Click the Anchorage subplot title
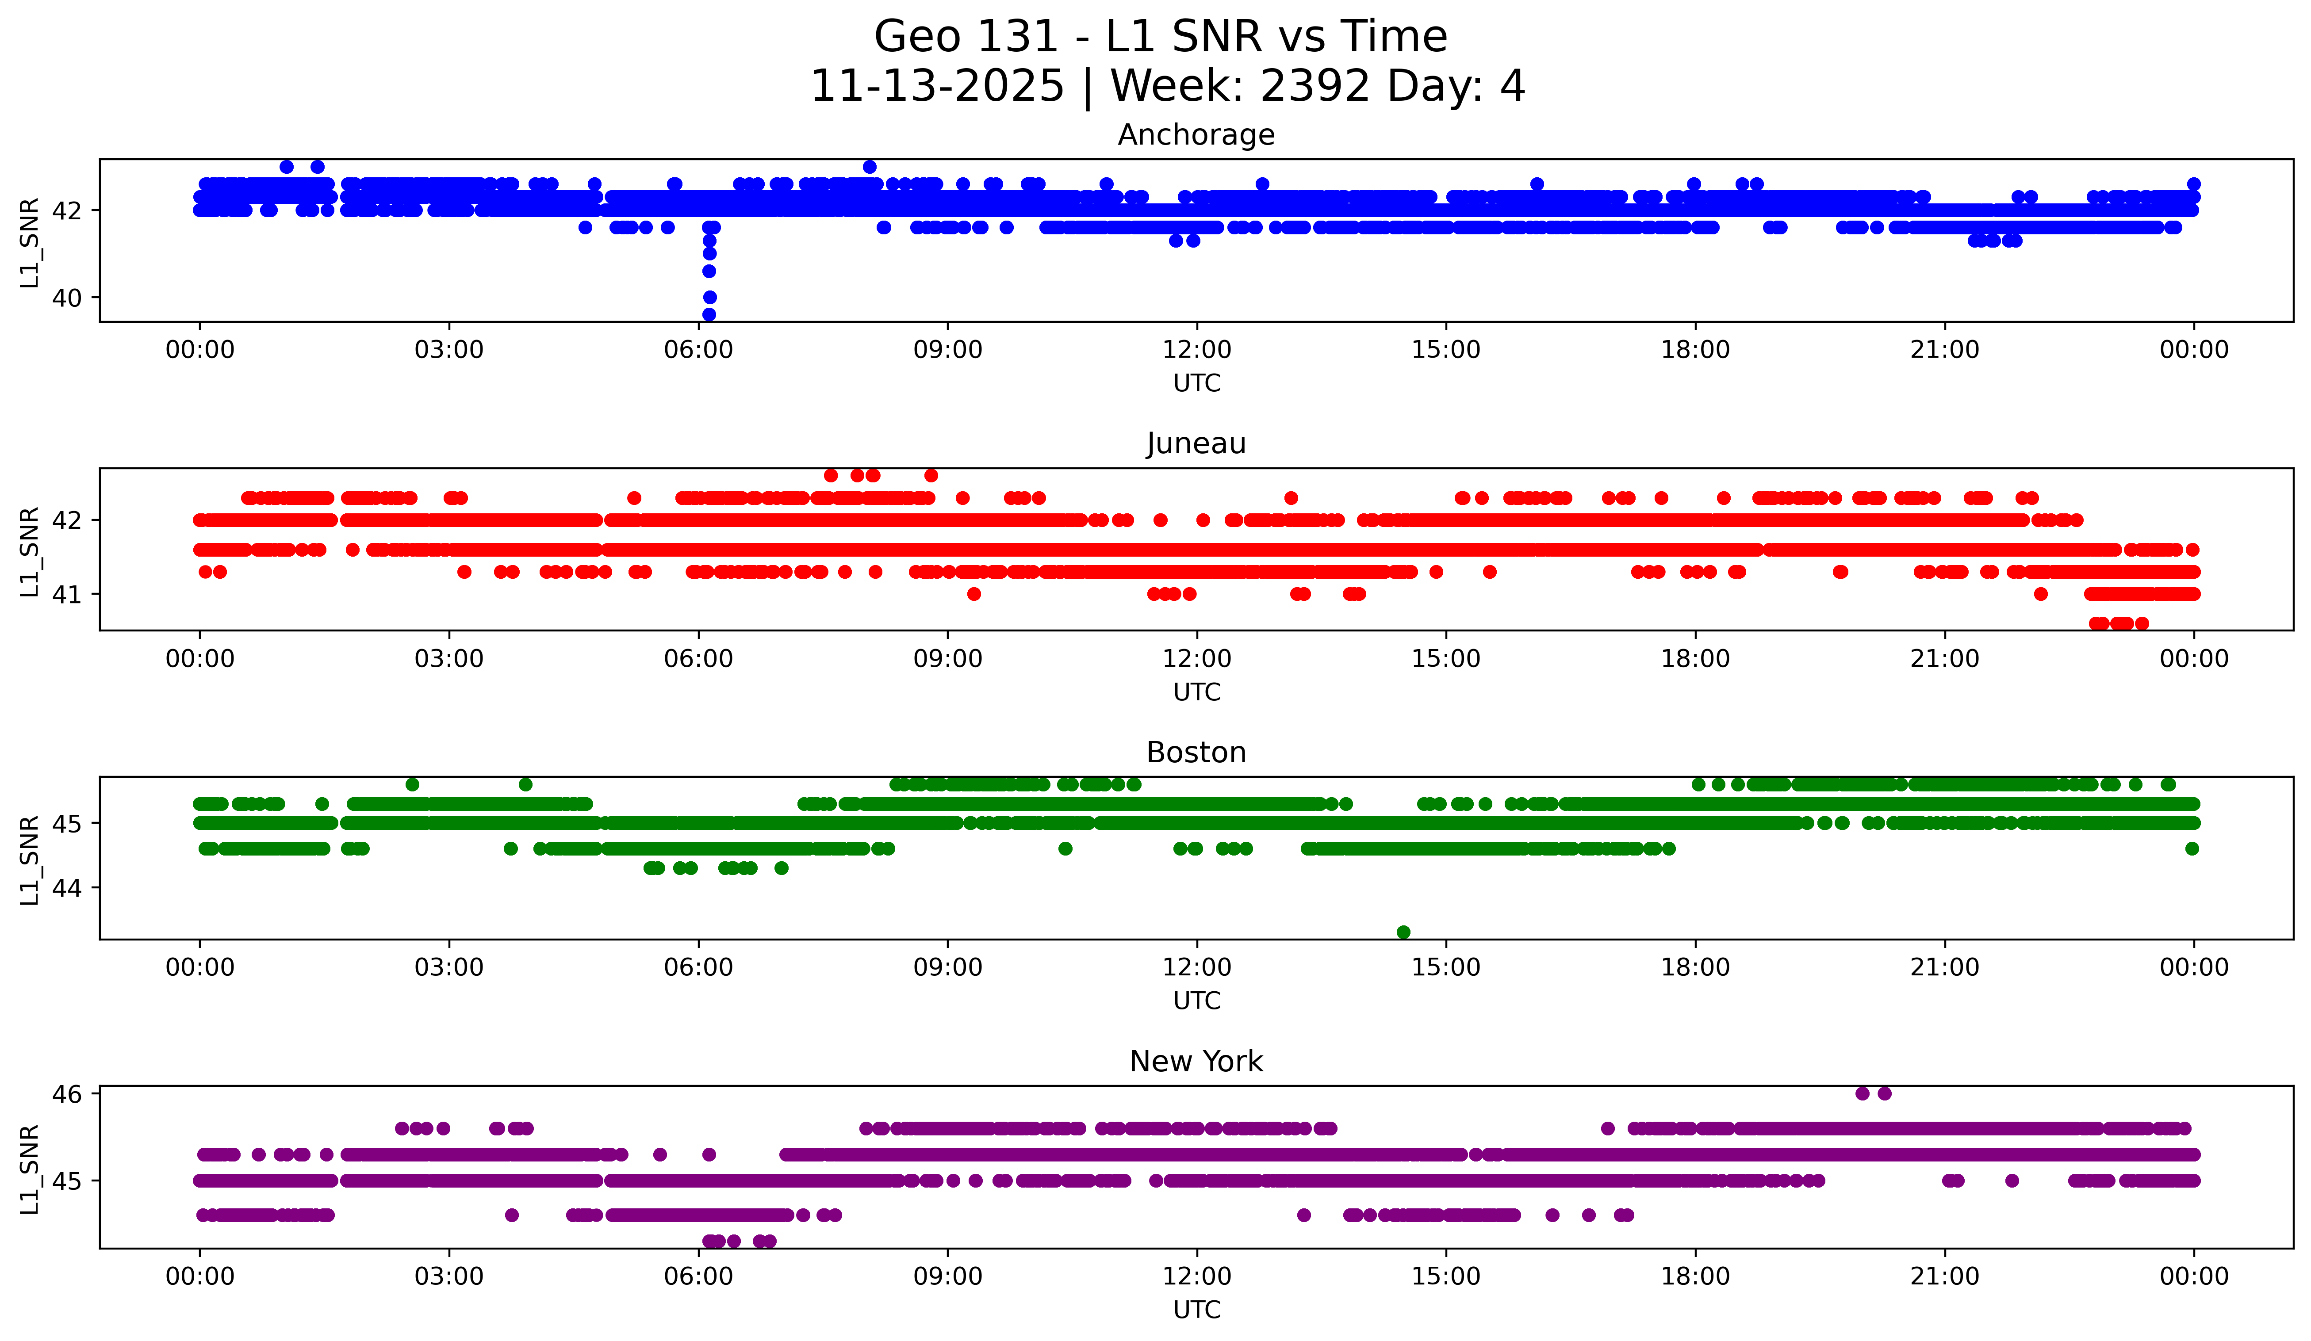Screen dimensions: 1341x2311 pyautogui.click(x=1196, y=135)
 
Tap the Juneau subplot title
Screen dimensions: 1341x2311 pyautogui.click(x=1196, y=443)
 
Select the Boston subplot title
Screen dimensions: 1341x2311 pyautogui.click(x=1196, y=753)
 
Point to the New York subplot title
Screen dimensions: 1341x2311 pyautogui.click(x=1196, y=1062)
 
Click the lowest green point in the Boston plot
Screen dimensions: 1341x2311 pyautogui.click(x=1403, y=932)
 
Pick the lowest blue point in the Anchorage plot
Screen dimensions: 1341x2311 pyautogui.click(x=709, y=314)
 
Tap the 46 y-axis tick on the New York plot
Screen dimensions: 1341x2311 pyautogui.click(x=67, y=1093)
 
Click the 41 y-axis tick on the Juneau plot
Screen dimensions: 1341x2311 pyautogui.click(x=67, y=594)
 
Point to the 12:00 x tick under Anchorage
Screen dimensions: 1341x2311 pyautogui.click(x=1197, y=349)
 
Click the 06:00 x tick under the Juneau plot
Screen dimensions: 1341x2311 pyautogui.click(x=699, y=658)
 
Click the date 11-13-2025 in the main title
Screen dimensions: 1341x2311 pyautogui.click(x=937, y=86)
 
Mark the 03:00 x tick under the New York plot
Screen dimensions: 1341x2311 pyautogui.click(x=449, y=1276)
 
